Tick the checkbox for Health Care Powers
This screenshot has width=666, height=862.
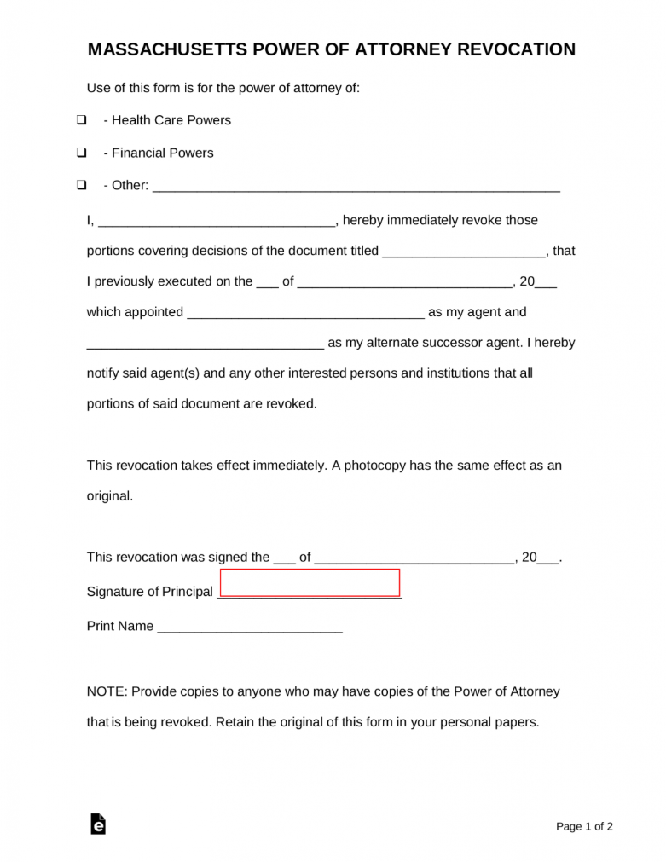(x=81, y=120)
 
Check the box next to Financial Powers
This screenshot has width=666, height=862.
(x=81, y=153)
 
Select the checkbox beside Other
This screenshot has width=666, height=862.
(x=81, y=185)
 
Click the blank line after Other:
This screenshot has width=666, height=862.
(x=356, y=186)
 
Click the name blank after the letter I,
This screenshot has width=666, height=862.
(x=217, y=221)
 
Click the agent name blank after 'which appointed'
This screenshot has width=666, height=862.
(x=305, y=313)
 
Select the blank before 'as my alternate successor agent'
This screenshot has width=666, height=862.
(x=206, y=344)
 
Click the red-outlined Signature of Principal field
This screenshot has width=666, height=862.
(x=310, y=582)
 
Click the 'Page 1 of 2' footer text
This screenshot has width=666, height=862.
(x=584, y=826)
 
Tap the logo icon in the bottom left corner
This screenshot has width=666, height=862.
(x=98, y=824)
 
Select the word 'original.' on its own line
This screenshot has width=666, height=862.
(x=110, y=495)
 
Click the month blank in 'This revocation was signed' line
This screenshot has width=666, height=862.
(x=414, y=558)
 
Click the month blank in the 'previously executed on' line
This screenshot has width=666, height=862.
(x=404, y=282)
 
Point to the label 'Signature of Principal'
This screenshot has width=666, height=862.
(x=150, y=592)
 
